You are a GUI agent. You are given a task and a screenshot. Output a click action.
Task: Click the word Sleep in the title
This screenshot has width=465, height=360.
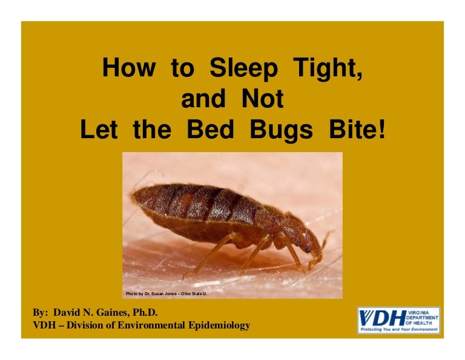pos(242,68)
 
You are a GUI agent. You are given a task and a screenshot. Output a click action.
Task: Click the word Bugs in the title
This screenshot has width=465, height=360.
pos(293,129)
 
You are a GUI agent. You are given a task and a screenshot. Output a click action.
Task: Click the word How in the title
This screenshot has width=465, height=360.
pos(128,68)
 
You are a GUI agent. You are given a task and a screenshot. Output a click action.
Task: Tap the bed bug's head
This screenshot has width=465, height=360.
pos(311,242)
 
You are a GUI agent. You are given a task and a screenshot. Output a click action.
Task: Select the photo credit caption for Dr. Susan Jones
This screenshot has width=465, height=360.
pos(166,293)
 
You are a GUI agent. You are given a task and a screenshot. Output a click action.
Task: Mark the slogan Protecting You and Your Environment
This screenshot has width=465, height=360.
pos(398,330)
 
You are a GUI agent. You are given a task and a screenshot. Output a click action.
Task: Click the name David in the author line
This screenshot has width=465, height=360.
pos(67,313)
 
